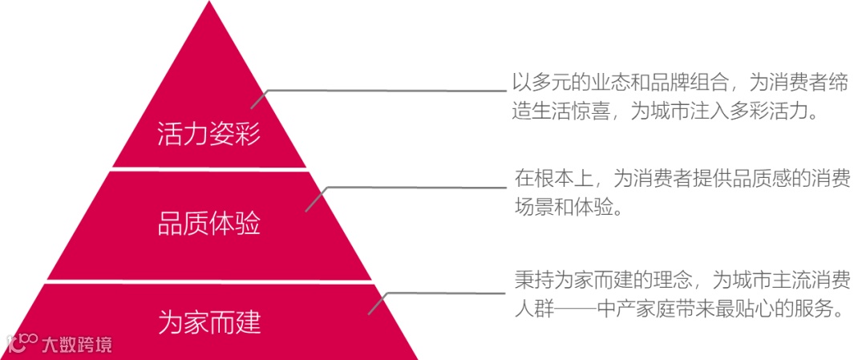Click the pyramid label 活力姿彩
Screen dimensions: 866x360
208,134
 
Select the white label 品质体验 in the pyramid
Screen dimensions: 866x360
208,224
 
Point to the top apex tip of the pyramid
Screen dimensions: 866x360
209,3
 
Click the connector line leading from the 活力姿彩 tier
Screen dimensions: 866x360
385,90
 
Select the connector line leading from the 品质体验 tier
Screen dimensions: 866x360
417,188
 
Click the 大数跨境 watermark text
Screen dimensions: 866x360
77,345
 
